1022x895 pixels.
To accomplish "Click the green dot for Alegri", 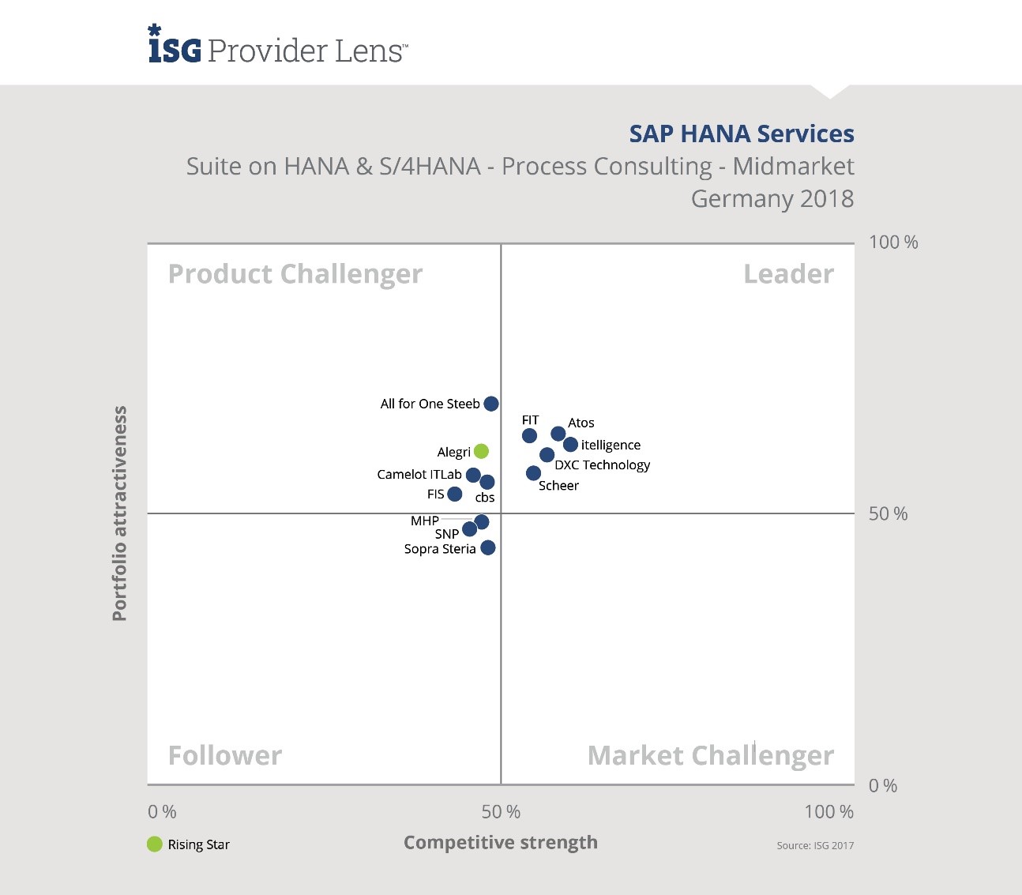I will pyautogui.click(x=481, y=451).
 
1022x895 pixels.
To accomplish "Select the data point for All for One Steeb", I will pyautogui.click(x=490, y=404).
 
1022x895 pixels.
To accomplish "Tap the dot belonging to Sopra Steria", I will pyautogui.click(x=488, y=547).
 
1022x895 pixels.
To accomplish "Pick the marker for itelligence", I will pyautogui.click(x=570, y=445).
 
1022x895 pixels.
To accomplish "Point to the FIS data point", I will pyautogui.click(x=454, y=495).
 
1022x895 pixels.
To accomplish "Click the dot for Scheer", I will pyautogui.click(x=533, y=473).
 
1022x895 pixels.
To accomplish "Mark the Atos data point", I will pyautogui.click(x=558, y=434).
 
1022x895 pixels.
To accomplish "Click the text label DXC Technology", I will pyautogui.click(x=602, y=464).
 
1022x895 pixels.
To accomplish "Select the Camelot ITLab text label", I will pyautogui.click(x=419, y=474).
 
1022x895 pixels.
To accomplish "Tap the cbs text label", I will pyautogui.click(x=485, y=498).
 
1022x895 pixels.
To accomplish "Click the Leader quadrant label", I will pyautogui.click(x=788, y=274).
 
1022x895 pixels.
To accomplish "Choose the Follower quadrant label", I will pyautogui.click(x=225, y=756).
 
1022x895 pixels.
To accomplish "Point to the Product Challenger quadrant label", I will pyautogui.click(x=295, y=274).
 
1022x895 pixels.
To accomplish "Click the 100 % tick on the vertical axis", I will pyautogui.click(x=893, y=243).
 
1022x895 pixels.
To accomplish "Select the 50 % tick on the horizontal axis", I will pyautogui.click(x=501, y=811).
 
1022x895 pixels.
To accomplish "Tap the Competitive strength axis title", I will pyautogui.click(x=501, y=842).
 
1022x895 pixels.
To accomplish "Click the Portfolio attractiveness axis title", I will pyautogui.click(x=119, y=513).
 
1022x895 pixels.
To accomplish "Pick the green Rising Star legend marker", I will pyautogui.click(x=155, y=844).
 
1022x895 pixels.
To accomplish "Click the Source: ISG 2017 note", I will pyautogui.click(x=815, y=845).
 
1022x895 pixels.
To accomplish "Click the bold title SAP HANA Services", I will pyautogui.click(x=741, y=133).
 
